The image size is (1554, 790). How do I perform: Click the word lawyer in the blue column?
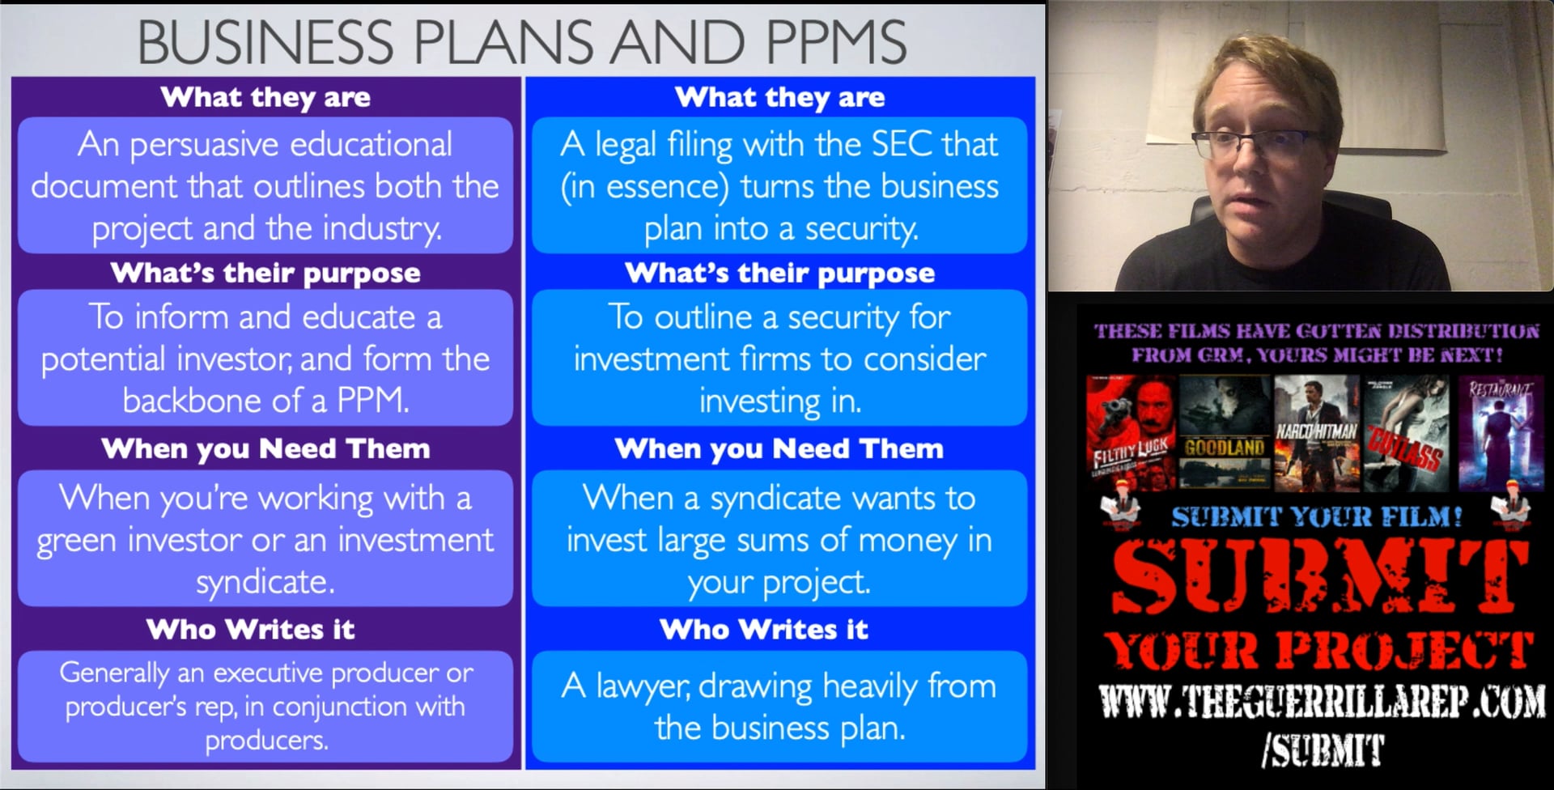coord(643,686)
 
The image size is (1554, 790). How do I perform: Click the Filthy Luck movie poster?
coord(1130,433)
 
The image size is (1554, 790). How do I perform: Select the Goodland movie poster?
coord(1224,433)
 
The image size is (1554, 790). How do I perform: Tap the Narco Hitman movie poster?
coord(1316,433)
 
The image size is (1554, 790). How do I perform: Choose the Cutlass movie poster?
coord(1407,433)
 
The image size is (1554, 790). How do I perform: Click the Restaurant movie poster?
coord(1500,433)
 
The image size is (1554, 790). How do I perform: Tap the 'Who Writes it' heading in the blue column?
coord(763,629)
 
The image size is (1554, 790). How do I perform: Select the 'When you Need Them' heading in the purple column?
coord(265,448)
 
